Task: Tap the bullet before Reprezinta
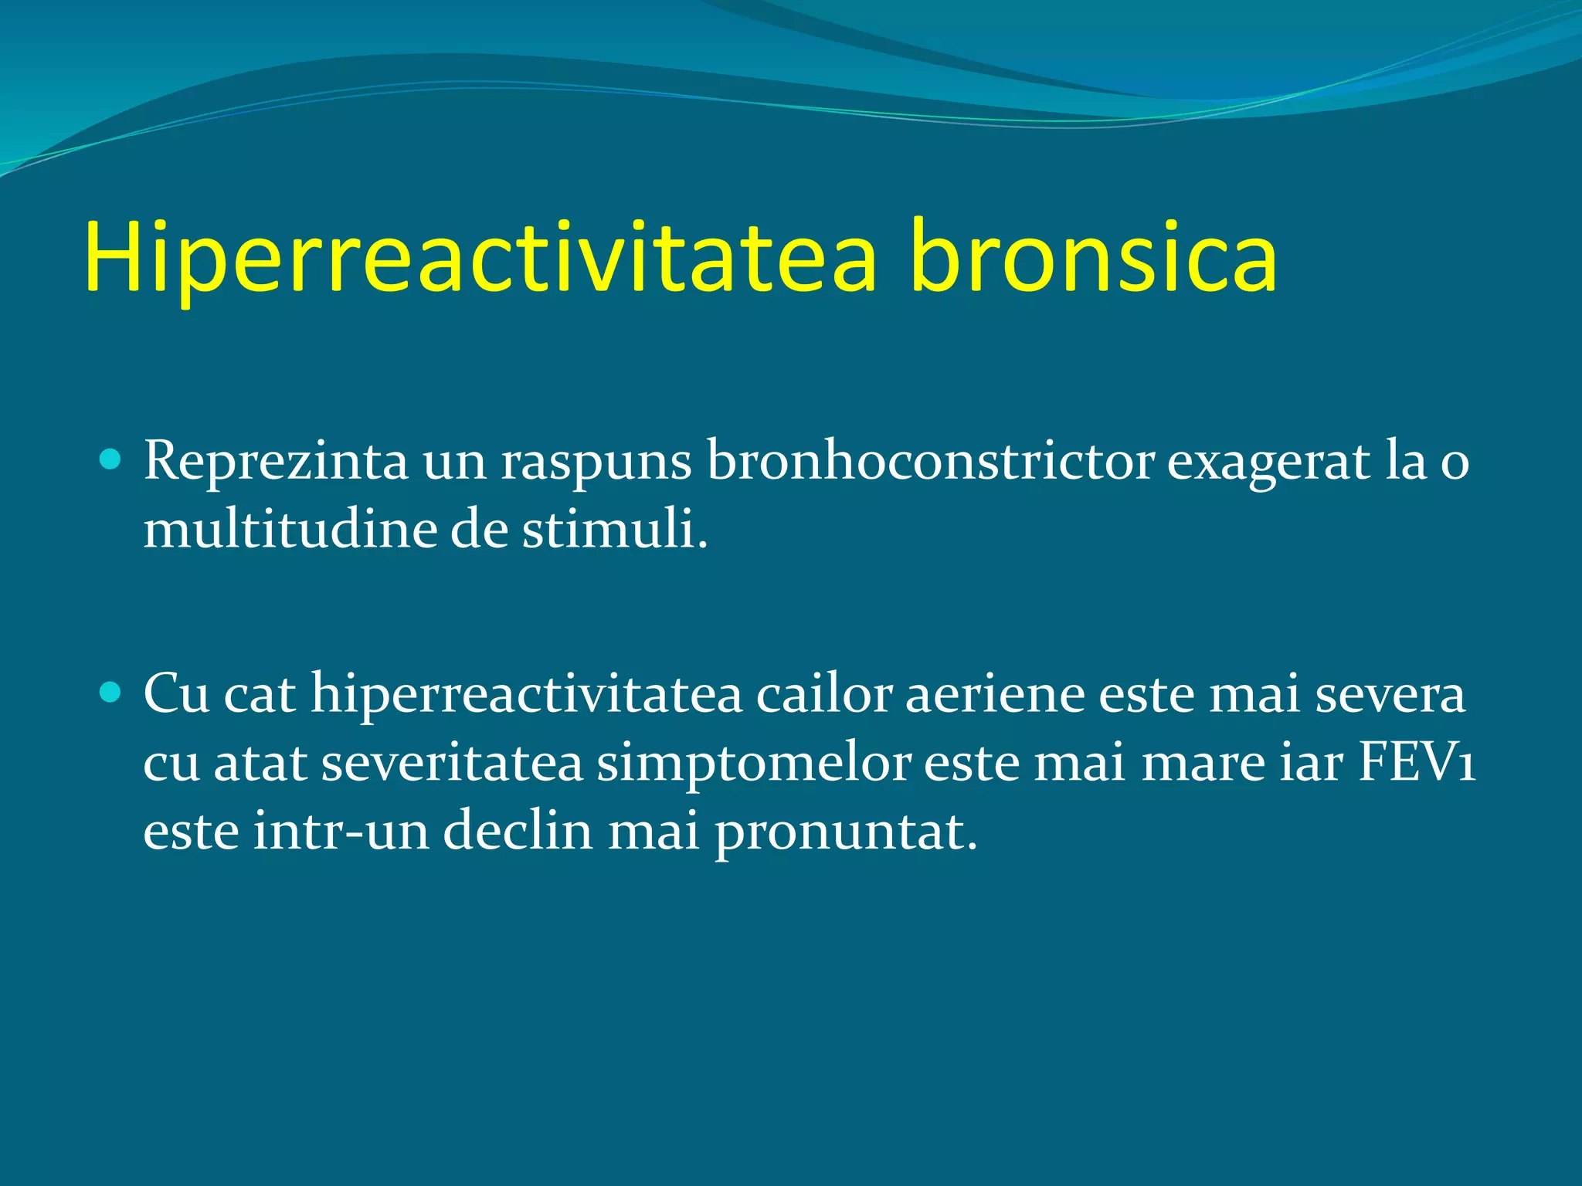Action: click(x=111, y=461)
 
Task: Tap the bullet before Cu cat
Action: click(x=111, y=693)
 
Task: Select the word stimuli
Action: click(x=614, y=530)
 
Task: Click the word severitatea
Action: click(x=452, y=763)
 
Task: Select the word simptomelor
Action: click(x=754, y=763)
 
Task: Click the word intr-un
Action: click(x=341, y=831)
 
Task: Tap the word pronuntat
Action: click(x=845, y=832)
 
